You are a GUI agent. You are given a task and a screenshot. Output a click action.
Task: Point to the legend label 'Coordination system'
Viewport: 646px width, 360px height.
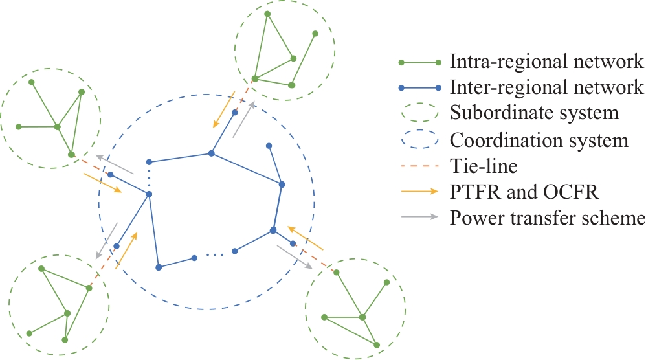[x=539, y=140]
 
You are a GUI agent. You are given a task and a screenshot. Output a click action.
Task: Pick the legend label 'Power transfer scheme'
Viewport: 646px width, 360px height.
[x=547, y=218]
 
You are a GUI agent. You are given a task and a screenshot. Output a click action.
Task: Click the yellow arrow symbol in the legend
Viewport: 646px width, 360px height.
[x=419, y=193]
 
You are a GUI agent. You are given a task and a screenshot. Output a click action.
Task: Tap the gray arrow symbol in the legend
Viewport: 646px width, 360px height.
[x=419, y=219]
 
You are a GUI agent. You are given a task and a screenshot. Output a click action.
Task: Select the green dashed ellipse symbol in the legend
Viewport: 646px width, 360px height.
[x=419, y=114]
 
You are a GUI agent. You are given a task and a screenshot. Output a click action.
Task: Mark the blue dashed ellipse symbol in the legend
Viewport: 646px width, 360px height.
[x=419, y=141]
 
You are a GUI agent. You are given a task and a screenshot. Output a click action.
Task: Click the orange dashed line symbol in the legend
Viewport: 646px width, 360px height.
[x=419, y=167]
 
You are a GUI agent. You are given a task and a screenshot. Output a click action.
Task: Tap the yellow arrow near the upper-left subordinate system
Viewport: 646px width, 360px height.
[x=102, y=182]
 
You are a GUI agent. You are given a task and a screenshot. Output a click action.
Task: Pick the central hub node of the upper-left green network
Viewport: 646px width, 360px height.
[x=58, y=127]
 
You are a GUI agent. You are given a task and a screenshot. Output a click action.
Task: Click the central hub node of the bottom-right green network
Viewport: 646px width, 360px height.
[x=362, y=317]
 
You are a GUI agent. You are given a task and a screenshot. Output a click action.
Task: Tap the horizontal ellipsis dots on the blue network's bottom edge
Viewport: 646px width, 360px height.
[x=214, y=255]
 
